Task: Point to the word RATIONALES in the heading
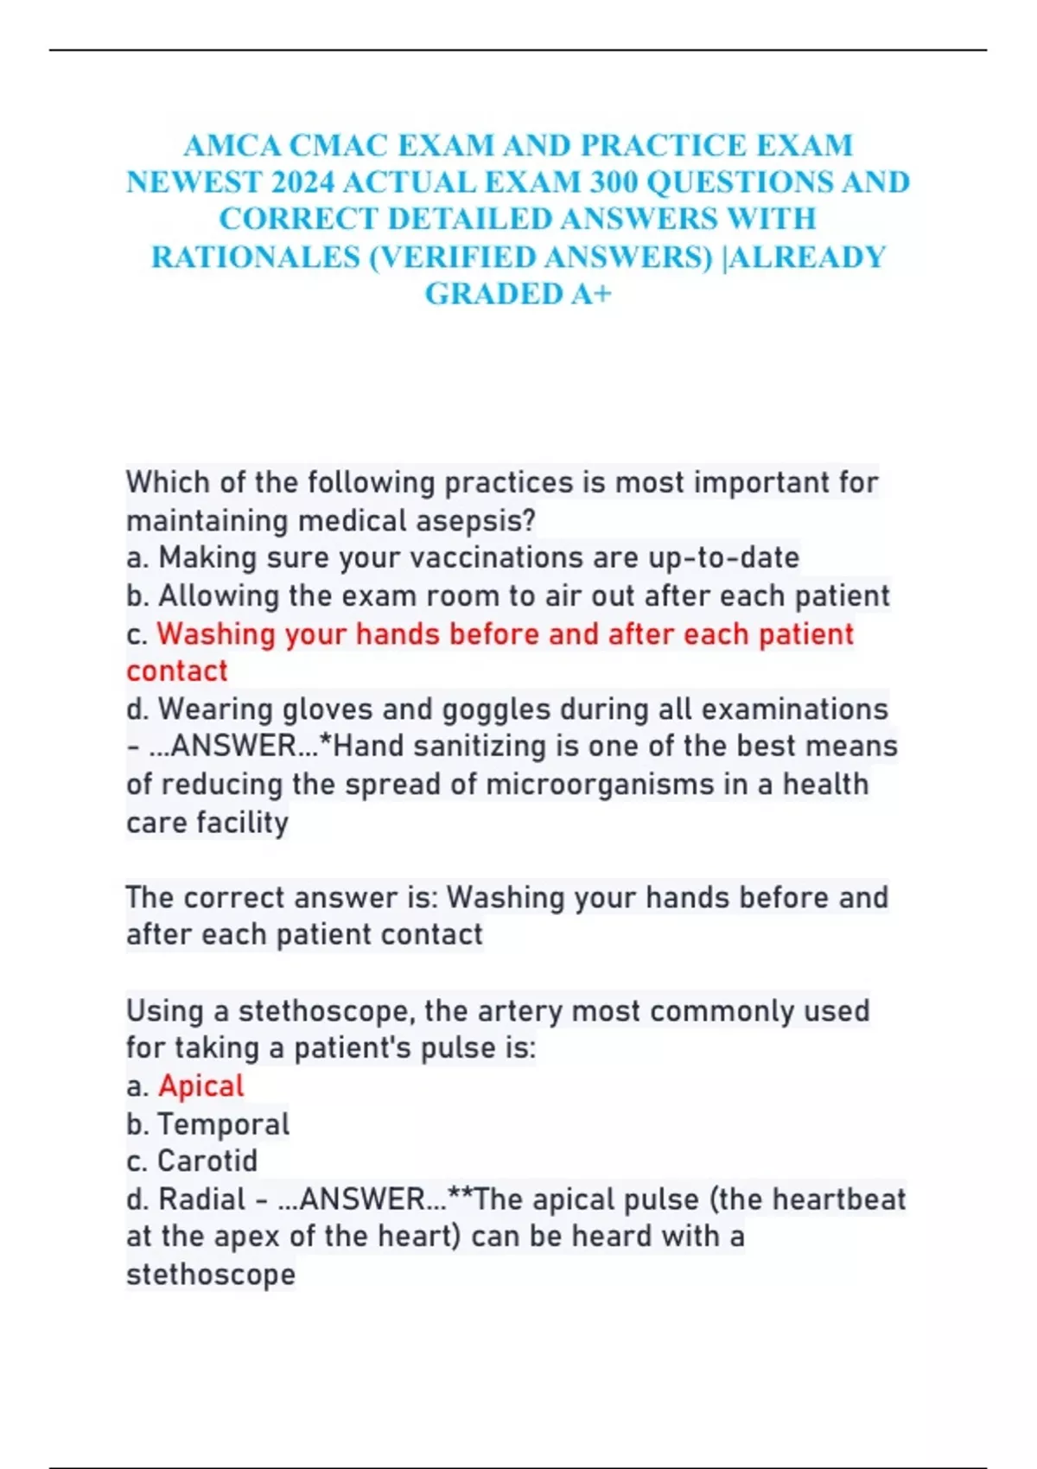256,258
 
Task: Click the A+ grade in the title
591,295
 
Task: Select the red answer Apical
201,1086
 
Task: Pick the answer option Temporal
224,1124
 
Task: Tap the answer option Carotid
207,1161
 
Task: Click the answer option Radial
202,1199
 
